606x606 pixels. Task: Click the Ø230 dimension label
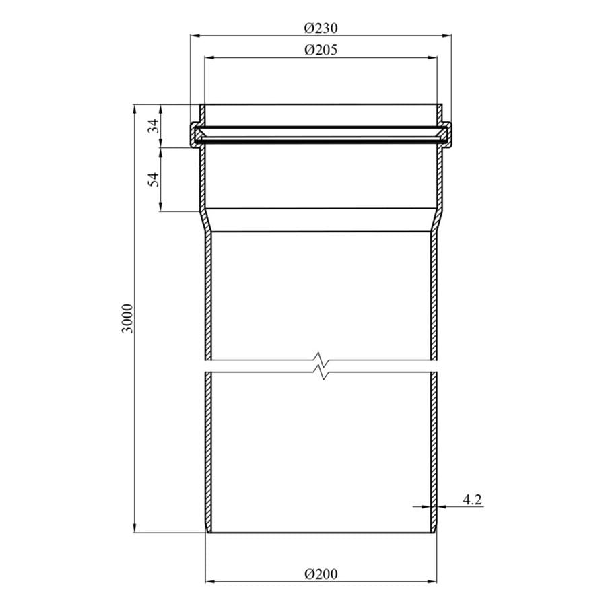pos(321,28)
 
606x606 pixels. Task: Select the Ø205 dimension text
pos(321,50)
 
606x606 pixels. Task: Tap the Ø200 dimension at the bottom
pos(321,574)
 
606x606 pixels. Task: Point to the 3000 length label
pos(127,318)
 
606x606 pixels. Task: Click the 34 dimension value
pos(154,126)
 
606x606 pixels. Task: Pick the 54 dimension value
pos(154,179)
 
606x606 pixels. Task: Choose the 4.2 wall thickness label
pos(472,500)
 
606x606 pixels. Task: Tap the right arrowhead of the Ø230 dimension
pos(446,36)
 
